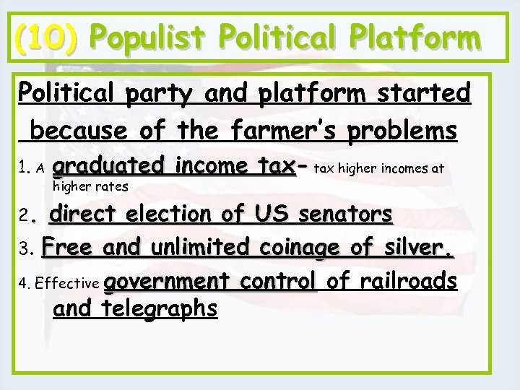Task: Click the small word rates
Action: [113, 186]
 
